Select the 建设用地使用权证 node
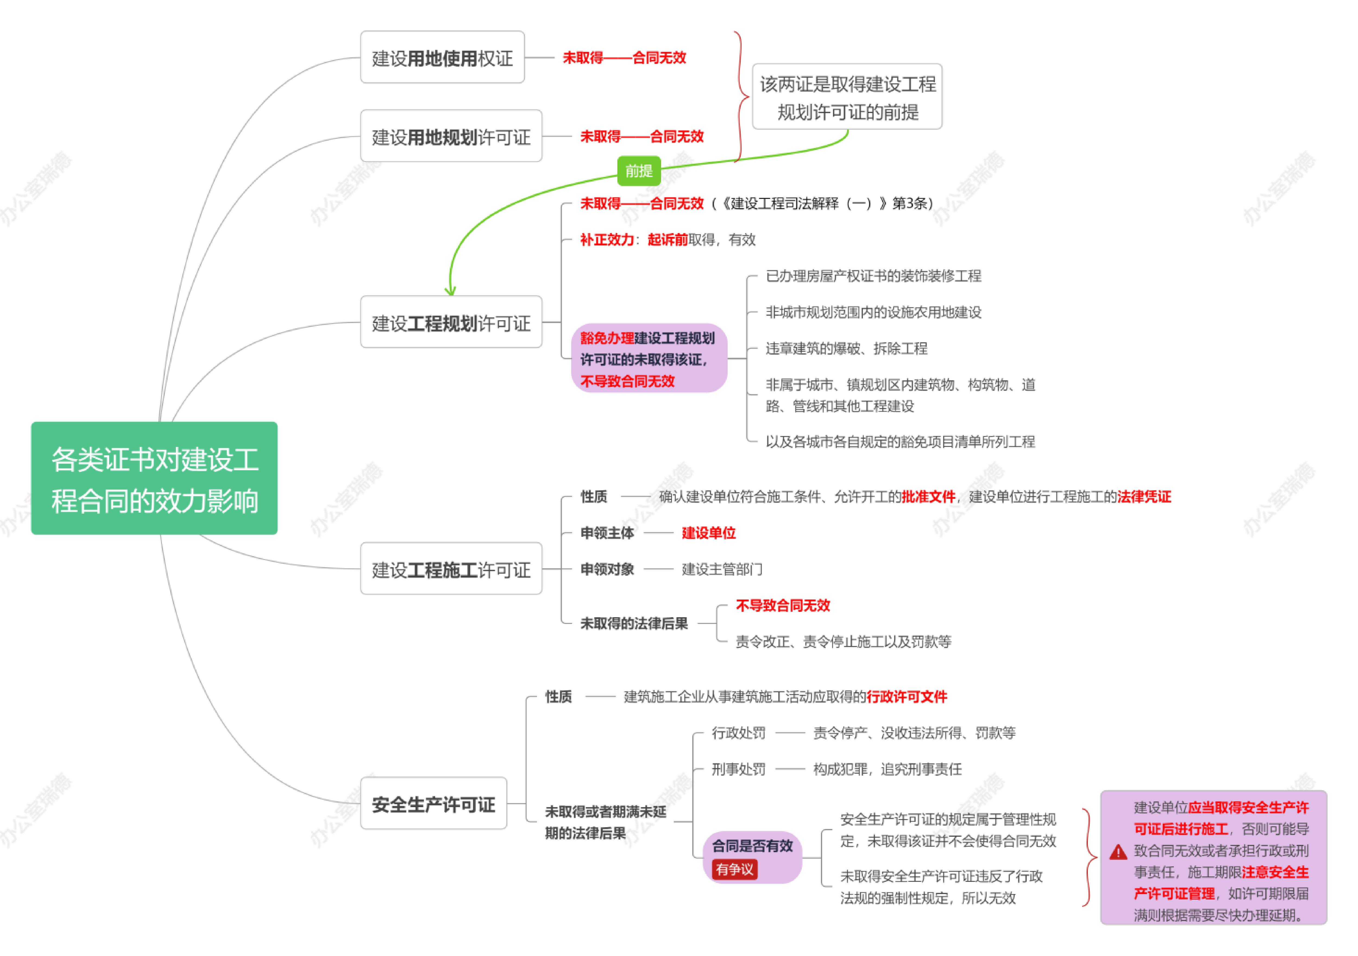(442, 57)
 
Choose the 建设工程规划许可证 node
(451, 322)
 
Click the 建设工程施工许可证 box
(451, 569)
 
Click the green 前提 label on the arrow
(639, 171)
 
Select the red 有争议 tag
(734, 869)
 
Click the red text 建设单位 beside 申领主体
(709, 533)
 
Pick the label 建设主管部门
(722, 569)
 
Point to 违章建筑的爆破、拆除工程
(846, 349)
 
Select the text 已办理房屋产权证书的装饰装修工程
(873, 276)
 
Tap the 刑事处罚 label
(738, 769)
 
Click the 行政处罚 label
(738, 733)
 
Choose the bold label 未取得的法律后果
(634, 623)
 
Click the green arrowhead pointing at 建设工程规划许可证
(450, 290)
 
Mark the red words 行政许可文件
(907, 697)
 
